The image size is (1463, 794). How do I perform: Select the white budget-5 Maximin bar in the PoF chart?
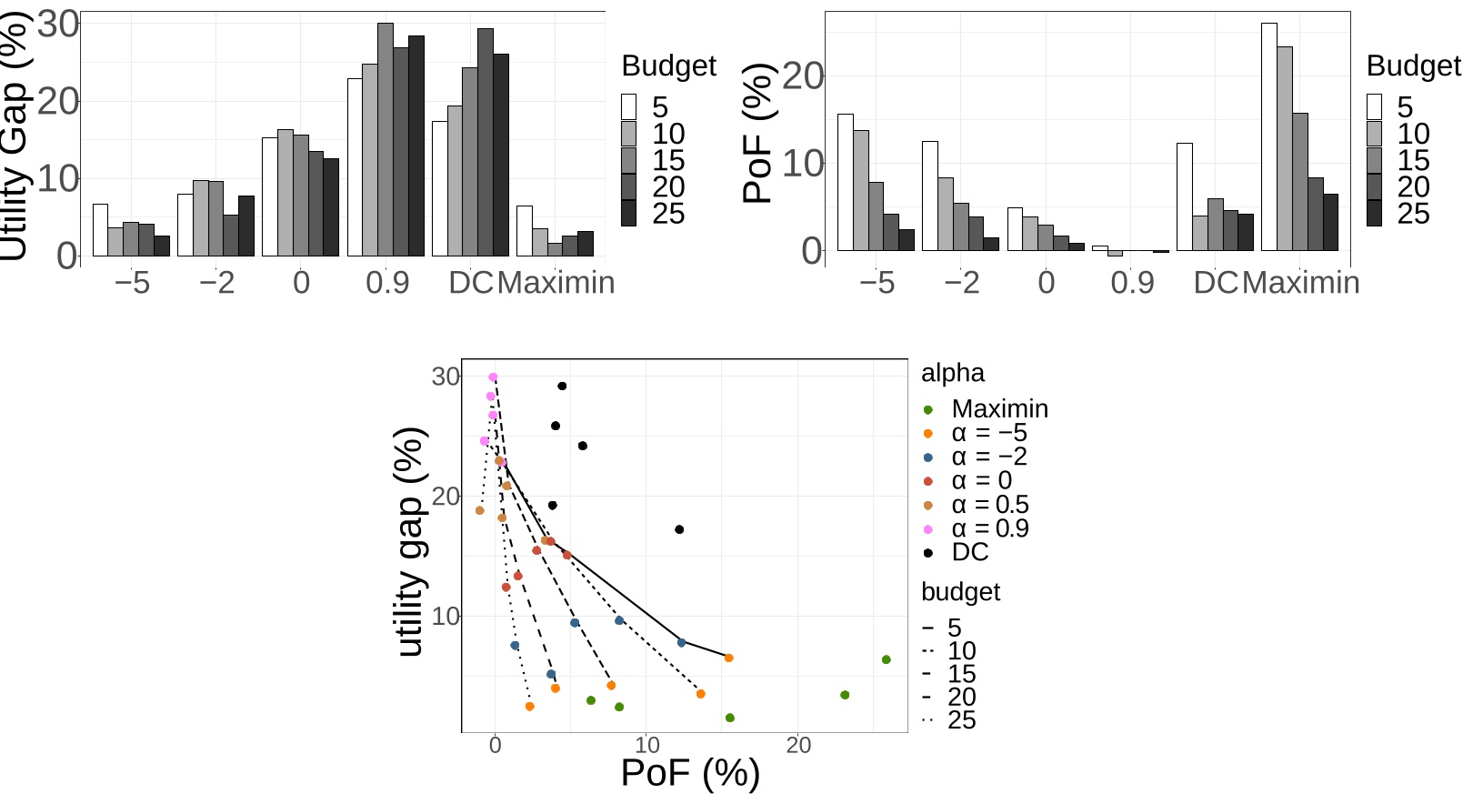click(1268, 136)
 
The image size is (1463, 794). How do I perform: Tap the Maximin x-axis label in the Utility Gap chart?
click(556, 283)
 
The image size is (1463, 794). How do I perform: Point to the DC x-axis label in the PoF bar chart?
click(1216, 283)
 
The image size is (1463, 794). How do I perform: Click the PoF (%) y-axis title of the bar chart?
click(758, 133)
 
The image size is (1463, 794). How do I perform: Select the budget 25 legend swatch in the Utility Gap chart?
click(629, 214)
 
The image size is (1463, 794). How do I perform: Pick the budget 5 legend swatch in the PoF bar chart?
click(1374, 107)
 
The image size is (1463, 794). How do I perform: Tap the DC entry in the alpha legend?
click(969, 552)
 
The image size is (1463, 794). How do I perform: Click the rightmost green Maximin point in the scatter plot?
click(887, 659)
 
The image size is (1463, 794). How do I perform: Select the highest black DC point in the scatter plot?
click(562, 387)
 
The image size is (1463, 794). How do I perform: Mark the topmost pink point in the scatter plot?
click(493, 377)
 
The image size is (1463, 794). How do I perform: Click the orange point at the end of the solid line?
click(728, 658)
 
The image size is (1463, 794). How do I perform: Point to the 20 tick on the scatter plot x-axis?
click(798, 746)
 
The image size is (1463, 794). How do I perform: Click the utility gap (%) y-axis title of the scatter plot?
click(411, 542)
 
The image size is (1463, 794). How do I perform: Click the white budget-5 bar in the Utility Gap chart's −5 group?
click(100, 230)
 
